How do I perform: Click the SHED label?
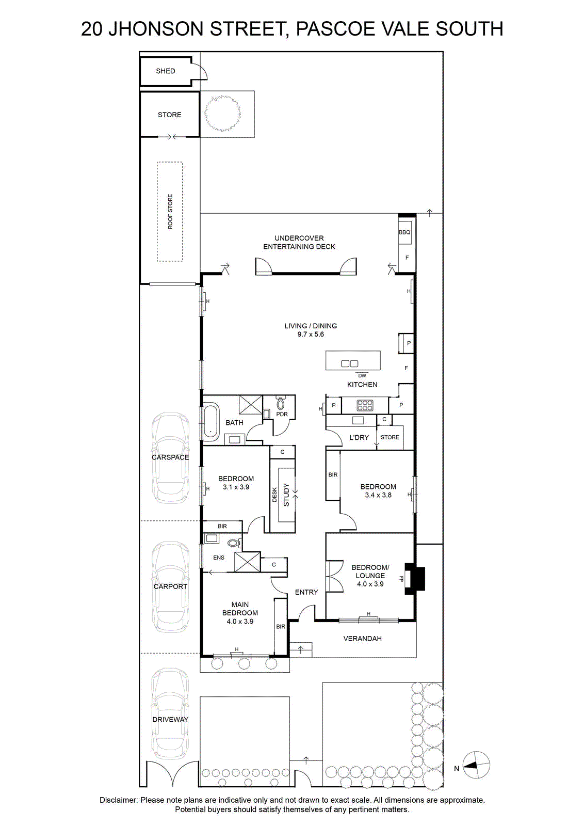point(165,71)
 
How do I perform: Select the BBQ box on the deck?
point(404,232)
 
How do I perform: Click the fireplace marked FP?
point(414,578)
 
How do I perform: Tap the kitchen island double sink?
point(349,363)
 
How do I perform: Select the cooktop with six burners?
point(365,405)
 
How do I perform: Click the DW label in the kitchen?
point(362,375)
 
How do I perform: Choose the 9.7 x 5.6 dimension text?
point(311,335)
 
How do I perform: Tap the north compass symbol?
point(476,766)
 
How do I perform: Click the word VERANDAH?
point(362,638)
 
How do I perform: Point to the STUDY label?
point(286,495)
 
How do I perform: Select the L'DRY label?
point(359,437)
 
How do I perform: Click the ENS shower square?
point(247,562)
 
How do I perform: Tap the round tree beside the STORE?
point(222,114)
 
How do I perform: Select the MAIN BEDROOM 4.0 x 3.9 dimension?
point(240,622)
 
